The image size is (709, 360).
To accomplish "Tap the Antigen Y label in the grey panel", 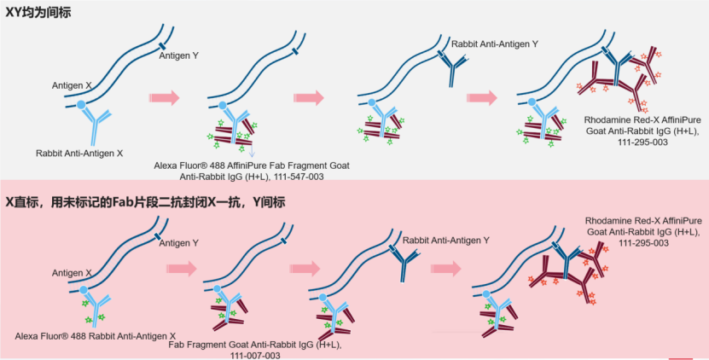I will [x=180, y=55].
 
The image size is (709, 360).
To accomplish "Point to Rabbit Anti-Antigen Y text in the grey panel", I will [x=496, y=44].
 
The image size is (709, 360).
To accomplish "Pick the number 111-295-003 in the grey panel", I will [x=626, y=142].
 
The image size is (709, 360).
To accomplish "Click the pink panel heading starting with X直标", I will [x=145, y=202].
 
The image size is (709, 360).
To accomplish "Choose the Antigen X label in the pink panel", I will [x=72, y=273].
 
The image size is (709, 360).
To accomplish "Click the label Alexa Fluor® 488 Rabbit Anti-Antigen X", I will [x=96, y=336].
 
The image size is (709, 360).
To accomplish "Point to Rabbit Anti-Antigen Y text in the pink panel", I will [x=446, y=241].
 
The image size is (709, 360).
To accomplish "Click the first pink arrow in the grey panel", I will [x=164, y=98].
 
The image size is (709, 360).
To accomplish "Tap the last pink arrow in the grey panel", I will [x=481, y=97].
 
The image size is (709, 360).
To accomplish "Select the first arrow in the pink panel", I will [x=181, y=269].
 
